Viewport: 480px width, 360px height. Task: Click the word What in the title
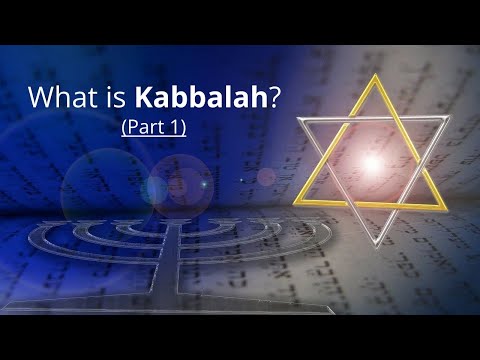click(57, 101)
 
